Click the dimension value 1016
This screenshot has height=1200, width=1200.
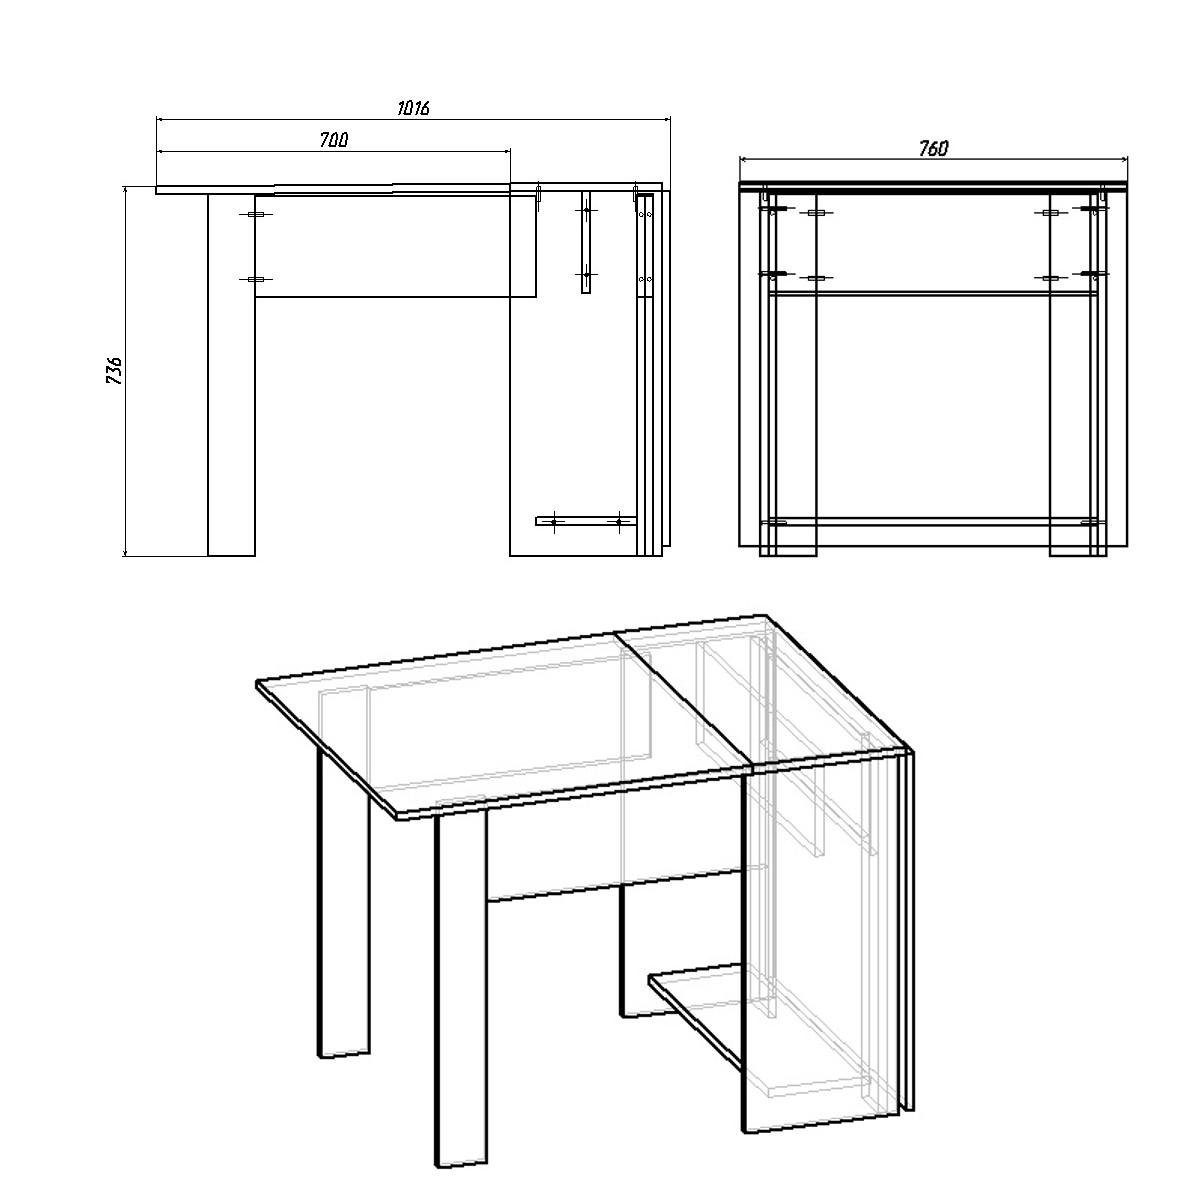[412, 108]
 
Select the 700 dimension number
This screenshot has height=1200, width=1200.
[333, 141]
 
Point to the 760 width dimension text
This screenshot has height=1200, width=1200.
[933, 148]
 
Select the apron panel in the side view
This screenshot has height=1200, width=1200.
[400, 246]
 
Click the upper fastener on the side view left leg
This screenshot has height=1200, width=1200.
[256, 215]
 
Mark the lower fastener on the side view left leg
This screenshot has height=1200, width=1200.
[256, 280]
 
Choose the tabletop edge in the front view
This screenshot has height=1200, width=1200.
[933, 185]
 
